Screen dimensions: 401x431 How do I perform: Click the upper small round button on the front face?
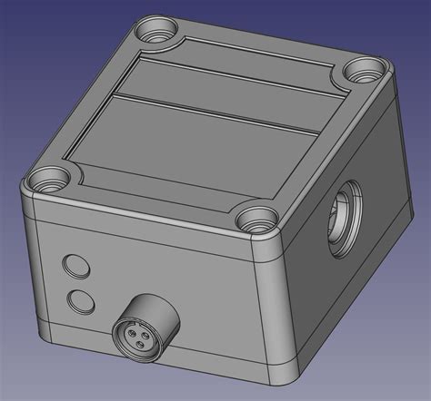[75, 266]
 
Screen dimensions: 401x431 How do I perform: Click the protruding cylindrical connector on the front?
[145, 322]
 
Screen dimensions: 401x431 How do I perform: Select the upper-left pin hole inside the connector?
[126, 331]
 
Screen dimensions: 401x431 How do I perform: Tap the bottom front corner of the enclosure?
[282, 372]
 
